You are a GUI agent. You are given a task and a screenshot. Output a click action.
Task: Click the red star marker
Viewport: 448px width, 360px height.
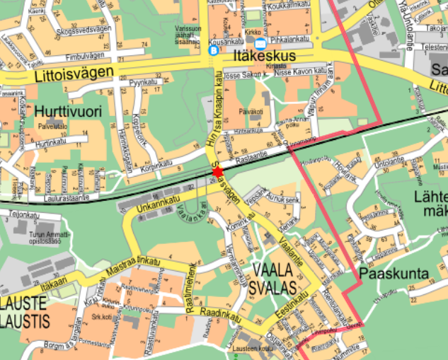tap(217, 172)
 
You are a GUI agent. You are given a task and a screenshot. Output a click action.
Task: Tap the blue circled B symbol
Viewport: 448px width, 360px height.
tap(214, 51)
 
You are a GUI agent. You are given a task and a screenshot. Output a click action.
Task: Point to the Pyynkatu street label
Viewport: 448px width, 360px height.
tap(142, 83)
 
